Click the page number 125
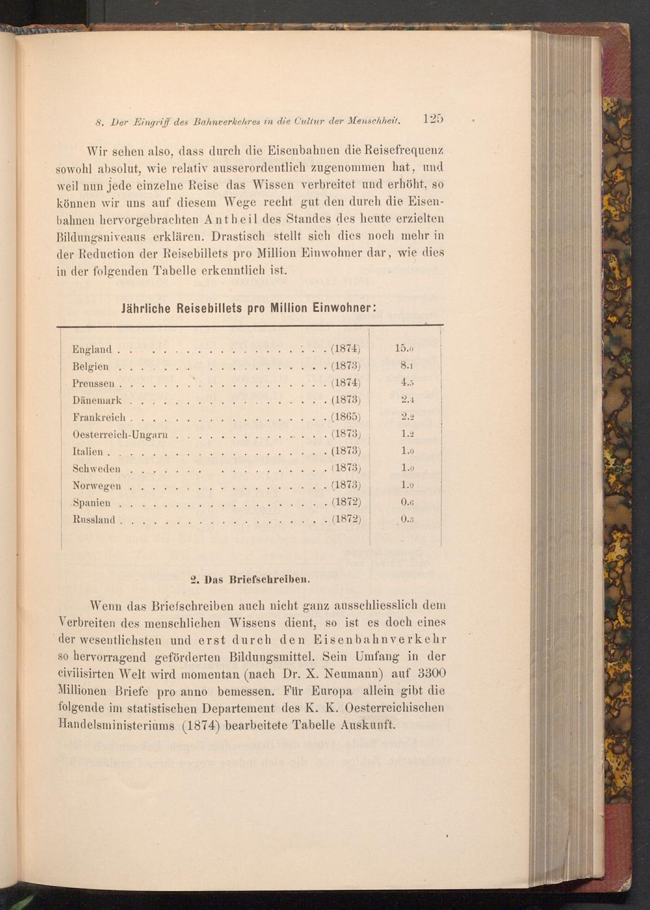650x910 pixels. tap(432, 119)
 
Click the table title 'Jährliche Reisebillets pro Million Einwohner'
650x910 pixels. tap(250, 308)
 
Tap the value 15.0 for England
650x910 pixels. tap(404, 348)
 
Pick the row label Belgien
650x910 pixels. tap(90, 366)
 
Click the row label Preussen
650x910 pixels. tap(94, 384)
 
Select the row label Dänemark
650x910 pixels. tap(97, 401)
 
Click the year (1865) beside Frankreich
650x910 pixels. tap(346, 417)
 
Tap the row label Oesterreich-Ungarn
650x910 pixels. tap(121, 435)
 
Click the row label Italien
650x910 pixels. tap(88, 451)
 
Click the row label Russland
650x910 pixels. tap(94, 520)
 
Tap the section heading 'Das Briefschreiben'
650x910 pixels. tap(250, 577)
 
